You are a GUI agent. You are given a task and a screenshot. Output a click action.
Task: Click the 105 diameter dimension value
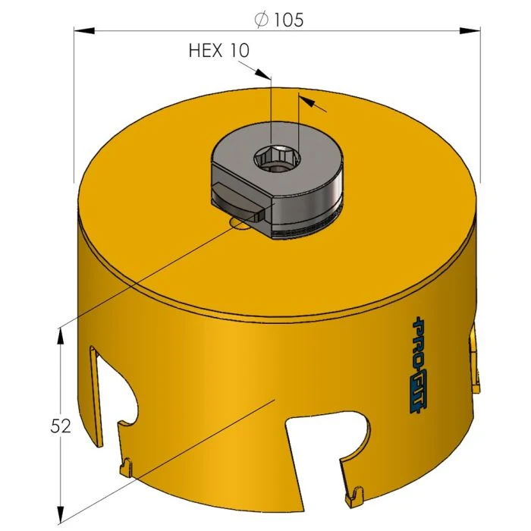click(289, 20)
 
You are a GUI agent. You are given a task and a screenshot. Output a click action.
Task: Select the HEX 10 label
click(218, 51)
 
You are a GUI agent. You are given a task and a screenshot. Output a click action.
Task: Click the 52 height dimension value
click(61, 426)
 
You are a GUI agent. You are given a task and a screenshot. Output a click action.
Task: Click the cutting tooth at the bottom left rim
click(127, 463)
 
